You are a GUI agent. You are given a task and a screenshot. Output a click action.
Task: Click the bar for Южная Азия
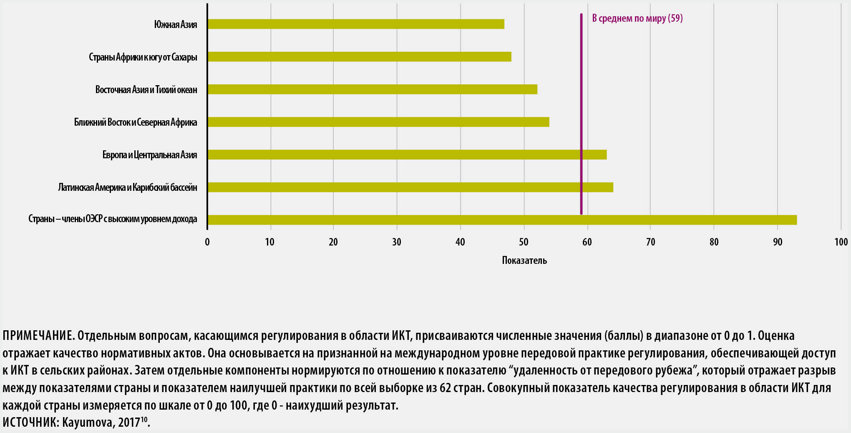click(355, 24)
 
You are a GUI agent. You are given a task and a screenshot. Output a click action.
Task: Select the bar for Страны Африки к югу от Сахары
click(359, 57)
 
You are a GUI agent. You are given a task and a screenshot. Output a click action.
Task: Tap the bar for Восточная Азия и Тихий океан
click(372, 89)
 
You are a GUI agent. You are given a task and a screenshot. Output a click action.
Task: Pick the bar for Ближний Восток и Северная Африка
click(378, 122)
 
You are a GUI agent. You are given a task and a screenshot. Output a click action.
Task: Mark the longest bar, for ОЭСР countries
click(502, 220)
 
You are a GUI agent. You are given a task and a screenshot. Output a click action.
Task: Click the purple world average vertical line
click(581, 84)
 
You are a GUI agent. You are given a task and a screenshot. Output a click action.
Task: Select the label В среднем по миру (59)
click(637, 18)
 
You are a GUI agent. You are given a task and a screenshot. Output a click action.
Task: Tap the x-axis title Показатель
click(524, 261)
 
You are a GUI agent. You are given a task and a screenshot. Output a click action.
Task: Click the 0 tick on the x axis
click(207, 242)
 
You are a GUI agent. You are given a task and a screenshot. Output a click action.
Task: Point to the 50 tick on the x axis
click(524, 242)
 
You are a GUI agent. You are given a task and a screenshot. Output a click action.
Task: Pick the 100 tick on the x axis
click(841, 242)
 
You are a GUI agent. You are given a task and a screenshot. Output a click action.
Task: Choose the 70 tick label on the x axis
click(650, 242)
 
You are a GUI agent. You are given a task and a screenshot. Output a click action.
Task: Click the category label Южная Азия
click(175, 24)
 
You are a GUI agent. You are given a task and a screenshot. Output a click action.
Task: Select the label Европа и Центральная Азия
click(149, 155)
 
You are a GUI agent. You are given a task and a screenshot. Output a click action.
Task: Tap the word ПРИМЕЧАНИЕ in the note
click(38, 336)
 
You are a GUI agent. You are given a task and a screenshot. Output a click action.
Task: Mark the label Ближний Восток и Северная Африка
click(136, 122)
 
